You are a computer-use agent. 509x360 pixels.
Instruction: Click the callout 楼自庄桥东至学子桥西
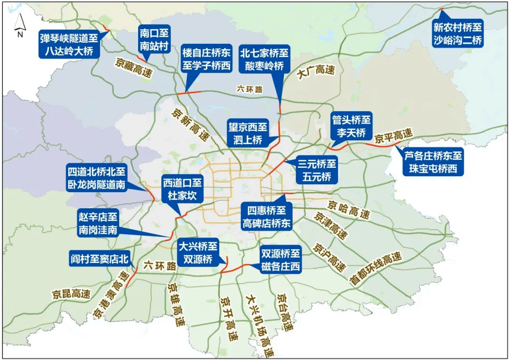point(206,58)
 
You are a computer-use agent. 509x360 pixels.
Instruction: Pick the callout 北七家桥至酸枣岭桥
point(264,58)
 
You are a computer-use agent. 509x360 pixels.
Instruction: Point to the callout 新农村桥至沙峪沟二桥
point(458,34)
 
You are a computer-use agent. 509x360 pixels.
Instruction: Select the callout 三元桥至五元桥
point(317,170)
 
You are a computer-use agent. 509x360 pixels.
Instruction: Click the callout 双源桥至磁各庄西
point(280,260)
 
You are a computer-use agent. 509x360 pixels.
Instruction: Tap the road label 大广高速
point(315,72)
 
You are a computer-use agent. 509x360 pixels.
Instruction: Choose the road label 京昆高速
point(71,294)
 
